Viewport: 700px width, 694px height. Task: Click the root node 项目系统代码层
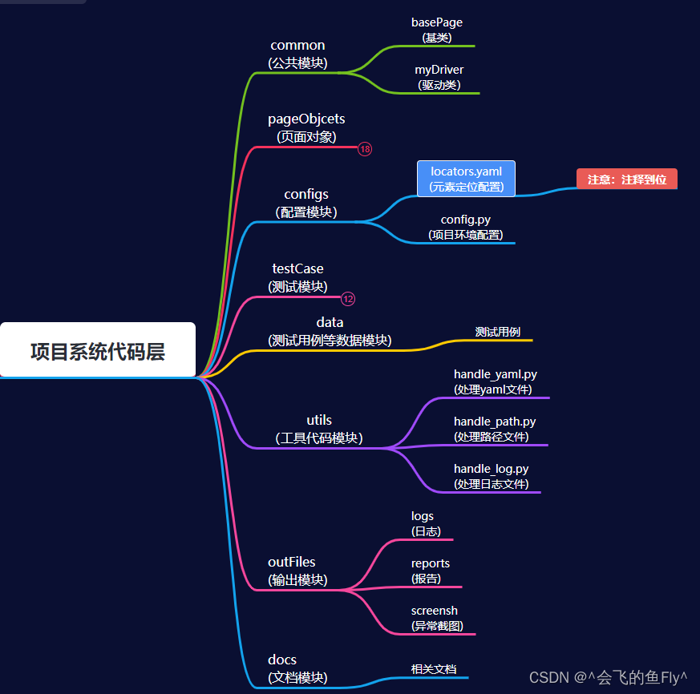(98, 350)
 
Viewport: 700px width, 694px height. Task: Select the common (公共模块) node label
(297, 54)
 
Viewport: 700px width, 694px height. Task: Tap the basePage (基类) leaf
(437, 30)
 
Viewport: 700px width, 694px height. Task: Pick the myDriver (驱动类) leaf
(439, 77)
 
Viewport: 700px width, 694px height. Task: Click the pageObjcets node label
(306, 127)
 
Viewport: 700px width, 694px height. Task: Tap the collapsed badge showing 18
(365, 149)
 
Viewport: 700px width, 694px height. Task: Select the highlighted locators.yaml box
(466, 179)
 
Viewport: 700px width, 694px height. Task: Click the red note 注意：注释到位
(626, 179)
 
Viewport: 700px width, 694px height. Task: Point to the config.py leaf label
(466, 227)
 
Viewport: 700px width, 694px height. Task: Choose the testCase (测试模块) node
(297, 277)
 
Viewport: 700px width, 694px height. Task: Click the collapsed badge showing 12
(348, 299)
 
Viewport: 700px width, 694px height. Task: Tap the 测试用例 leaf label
(498, 332)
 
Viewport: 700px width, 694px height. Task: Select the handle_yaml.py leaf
(495, 382)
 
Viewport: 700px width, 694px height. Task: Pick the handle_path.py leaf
(495, 429)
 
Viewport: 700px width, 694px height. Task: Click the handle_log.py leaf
(491, 476)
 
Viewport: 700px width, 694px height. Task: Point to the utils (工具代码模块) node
(319, 429)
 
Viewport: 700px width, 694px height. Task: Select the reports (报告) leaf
(431, 571)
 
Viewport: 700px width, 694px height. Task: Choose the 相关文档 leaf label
(434, 668)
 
